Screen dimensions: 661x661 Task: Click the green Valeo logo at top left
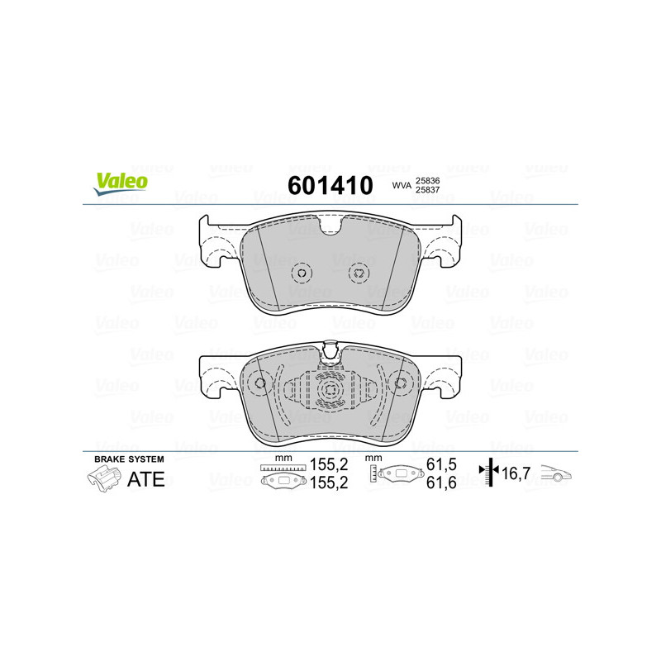pyautogui.click(x=121, y=183)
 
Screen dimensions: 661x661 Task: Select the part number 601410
pyautogui.click(x=330, y=185)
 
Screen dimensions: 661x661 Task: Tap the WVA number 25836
pyautogui.click(x=427, y=180)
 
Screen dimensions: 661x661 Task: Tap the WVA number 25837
pyautogui.click(x=427, y=190)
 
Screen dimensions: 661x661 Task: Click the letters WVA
pyautogui.click(x=402, y=185)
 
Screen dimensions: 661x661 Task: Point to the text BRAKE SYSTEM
pyautogui.click(x=129, y=459)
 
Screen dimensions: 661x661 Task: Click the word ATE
pyautogui.click(x=146, y=479)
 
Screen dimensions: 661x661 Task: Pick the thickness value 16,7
pyautogui.click(x=516, y=473)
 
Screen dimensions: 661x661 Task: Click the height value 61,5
pyautogui.click(x=441, y=464)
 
